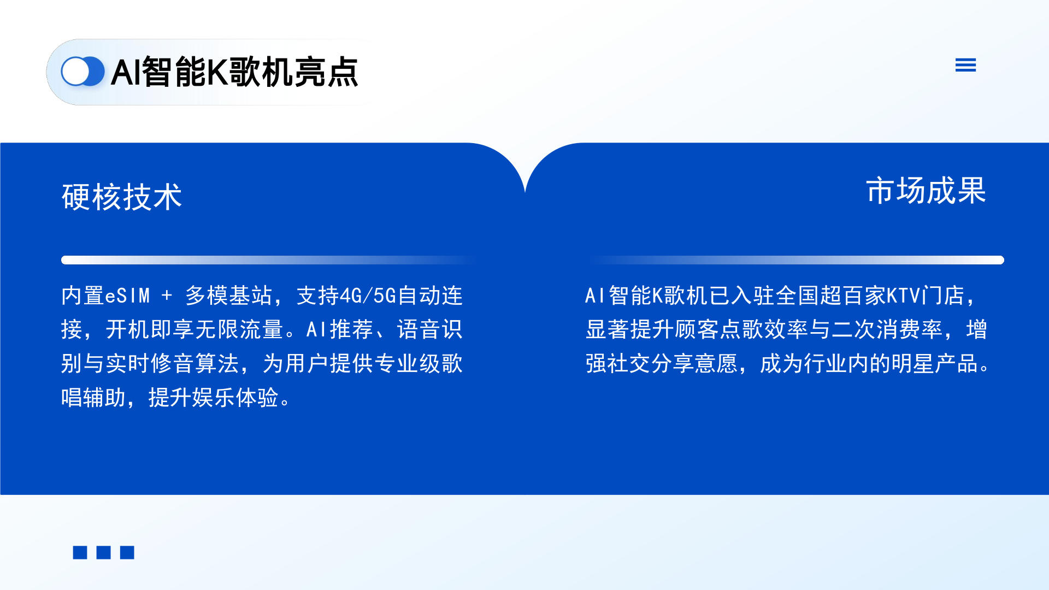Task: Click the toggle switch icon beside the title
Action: [82, 72]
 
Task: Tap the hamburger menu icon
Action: [965, 65]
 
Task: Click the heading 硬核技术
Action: [122, 197]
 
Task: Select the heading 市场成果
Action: [926, 191]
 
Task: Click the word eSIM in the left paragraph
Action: [127, 296]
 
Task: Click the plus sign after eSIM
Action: [167, 296]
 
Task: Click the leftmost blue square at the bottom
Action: [80, 552]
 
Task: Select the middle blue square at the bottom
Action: [103, 552]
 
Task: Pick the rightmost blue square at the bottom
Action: [127, 552]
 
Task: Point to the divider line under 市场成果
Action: [795, 260]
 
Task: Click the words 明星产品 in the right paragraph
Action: [934, 363]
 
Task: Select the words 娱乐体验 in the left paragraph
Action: [235, 397]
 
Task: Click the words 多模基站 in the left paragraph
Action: [228, 296]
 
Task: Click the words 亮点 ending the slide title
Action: [326, 72]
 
